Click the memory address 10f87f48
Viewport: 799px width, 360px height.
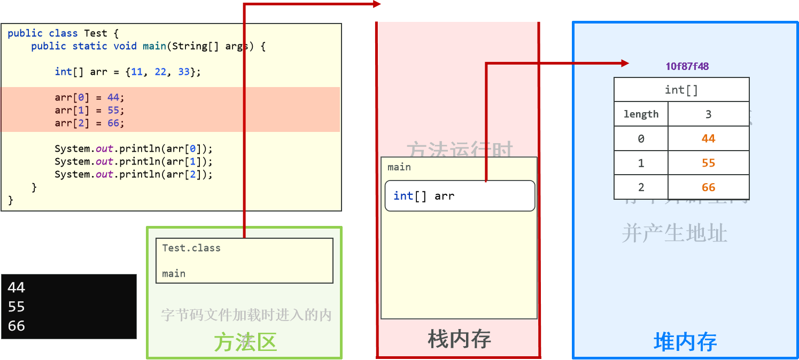(x=687, y=67)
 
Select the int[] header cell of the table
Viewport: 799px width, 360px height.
(x=681, y=90)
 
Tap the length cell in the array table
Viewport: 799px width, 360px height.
(x=641, y=114)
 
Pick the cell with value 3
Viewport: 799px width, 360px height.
(x=708, y=114)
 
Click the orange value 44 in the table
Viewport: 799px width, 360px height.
(x=708, y=139)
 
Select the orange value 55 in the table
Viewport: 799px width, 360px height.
(x=708, y=163)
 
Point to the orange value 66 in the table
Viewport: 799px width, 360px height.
(x=708, y=187)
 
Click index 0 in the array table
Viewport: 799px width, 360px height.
(x=641, y=139)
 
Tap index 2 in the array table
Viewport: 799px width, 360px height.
(x=641, y=187)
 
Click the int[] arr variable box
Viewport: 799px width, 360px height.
(x=460, y=196)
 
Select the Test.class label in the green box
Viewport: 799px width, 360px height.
(x=191, y=248)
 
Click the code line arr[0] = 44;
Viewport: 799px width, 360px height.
(x=89, y=98)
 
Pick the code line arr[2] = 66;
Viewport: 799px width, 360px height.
(x=89, y=123)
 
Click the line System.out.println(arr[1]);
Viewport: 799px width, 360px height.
(x=134, y=161)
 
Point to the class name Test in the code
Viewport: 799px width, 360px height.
(x=96, y=33)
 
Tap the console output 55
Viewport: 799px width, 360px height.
(x=17, y=307)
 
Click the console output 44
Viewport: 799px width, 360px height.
(x=17, y=287)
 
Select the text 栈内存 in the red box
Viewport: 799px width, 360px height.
(x=459, y=339)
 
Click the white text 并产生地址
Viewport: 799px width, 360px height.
(x=674, y=233)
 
